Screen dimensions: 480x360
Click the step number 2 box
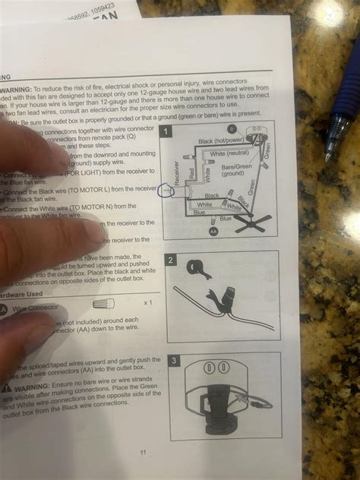coord(172,260)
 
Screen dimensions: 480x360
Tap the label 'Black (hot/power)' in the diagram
coord(220,141)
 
